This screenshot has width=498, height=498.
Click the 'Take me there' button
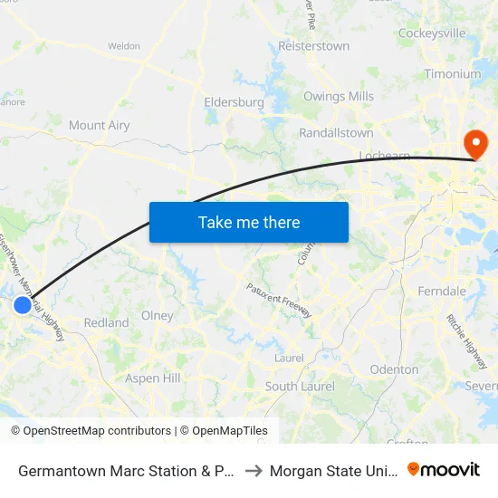click(x=249, y=222)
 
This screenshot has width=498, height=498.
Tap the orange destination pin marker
click(x=474, y=143)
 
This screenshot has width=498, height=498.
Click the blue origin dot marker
click(x=23, y=305)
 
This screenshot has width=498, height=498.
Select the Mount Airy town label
click(x=99, y=126)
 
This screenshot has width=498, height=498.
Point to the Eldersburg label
click(x=234, y=102)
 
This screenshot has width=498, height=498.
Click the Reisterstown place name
click(x=313, y=46)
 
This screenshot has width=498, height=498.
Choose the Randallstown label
click(x=336, y=133)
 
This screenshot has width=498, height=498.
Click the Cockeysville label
click(x=432, y=34)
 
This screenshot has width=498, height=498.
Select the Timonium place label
click(x=453, y=74)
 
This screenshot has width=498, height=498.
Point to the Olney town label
click(x=158, y=316)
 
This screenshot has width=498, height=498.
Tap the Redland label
click(x=106, y=322)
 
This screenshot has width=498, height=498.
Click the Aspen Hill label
click(x=153, y=378)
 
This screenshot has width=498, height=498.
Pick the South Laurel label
click(x=300, y=387)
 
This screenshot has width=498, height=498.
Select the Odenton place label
click(x=394, y=369)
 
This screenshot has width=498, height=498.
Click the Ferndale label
click(x=442, y=291)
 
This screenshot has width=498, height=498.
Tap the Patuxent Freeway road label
click(x=279, y=301)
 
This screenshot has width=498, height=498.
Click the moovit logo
click(x=444, y=469)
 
